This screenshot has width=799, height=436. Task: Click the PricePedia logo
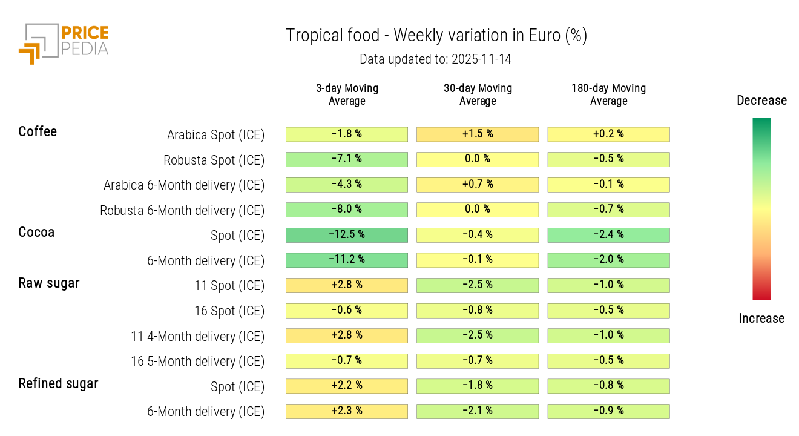click(x=64, y=43)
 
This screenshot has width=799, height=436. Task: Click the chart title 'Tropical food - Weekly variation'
click(x=436, y=36)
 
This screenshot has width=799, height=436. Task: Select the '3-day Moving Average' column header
click(x=347, y=94)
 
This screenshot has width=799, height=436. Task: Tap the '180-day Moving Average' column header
click(x=608, y=94)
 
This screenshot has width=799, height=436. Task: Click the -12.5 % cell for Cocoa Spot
click(x=347, y=235)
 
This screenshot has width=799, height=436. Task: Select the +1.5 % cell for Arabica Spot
click(x=478, y=134)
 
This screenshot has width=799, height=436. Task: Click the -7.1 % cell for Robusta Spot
click(x=347, y=159)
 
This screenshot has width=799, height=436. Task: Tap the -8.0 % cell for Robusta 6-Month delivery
click(x=347, y=210)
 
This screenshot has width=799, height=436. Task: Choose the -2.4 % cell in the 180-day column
click(x=608, y=235)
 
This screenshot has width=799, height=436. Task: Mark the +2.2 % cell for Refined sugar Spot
click(x=347, y=386)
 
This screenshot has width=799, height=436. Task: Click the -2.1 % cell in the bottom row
click(x=478, y=411)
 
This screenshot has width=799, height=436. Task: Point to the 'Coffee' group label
click(x=38, y=132)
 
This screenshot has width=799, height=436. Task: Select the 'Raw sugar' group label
click(x=49, y=283)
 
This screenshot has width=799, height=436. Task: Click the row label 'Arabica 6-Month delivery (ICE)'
click(x=184, y=185)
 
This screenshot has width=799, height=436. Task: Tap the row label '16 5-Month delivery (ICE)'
click(x=198, y=362)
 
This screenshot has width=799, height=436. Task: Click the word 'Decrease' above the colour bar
click(x=761, y=101)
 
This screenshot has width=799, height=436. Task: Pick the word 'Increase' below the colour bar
click(x=761, y=319)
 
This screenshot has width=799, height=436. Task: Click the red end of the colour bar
click(x=761, y=296)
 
